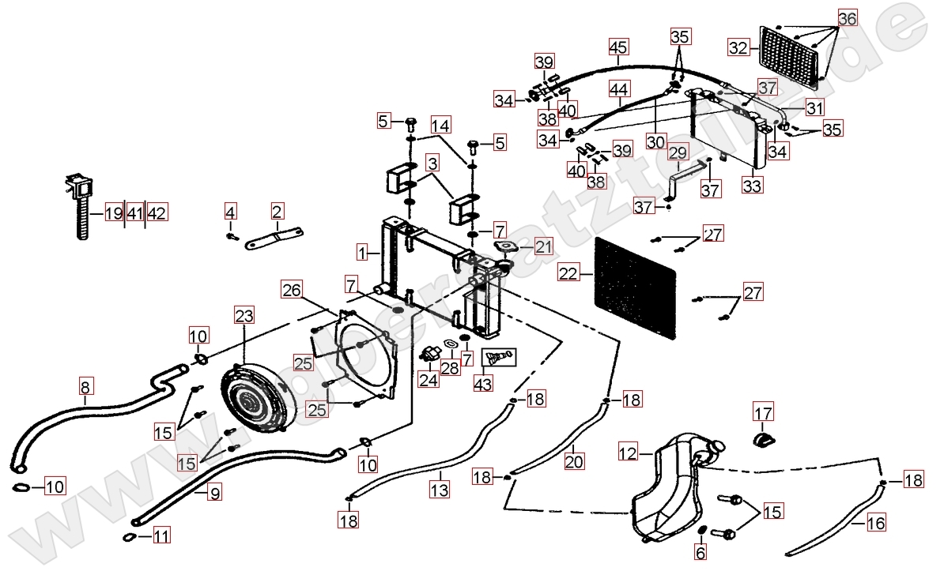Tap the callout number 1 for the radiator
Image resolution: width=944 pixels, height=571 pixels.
362,254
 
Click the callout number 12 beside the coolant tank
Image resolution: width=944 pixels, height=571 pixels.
629,453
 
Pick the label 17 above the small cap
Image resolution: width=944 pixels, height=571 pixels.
763,412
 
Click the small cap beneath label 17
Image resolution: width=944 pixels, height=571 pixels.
762,439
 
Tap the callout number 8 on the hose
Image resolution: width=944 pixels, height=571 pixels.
85,388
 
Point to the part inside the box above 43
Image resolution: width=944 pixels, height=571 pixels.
497,357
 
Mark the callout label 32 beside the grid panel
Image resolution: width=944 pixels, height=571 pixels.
738,48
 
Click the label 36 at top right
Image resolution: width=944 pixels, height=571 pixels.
847,18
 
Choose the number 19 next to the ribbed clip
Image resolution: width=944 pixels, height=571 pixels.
114,212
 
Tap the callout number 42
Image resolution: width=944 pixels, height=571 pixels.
157,212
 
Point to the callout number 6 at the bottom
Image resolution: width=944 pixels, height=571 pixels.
700,554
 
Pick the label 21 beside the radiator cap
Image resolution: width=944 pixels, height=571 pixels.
543,247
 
